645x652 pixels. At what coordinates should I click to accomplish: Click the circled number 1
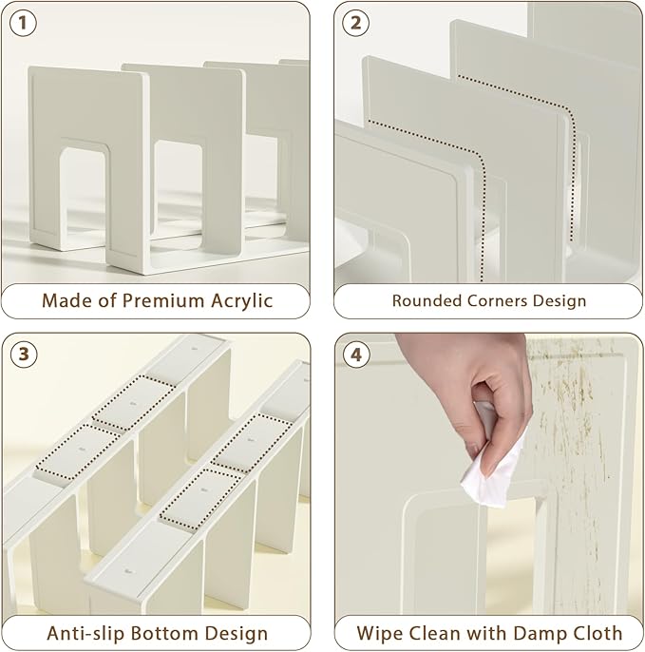tap(23, 23)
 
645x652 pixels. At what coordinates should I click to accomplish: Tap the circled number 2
tap(355, 23)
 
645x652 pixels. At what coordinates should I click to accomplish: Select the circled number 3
tap(24, 355)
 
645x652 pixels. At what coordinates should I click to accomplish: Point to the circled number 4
tap(356, 355)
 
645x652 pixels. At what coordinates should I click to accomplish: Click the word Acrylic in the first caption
tap(242, 301)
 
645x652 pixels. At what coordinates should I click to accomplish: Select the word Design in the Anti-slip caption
tap(236, 633)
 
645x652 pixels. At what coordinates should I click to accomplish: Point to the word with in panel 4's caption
tap(486, 633)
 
